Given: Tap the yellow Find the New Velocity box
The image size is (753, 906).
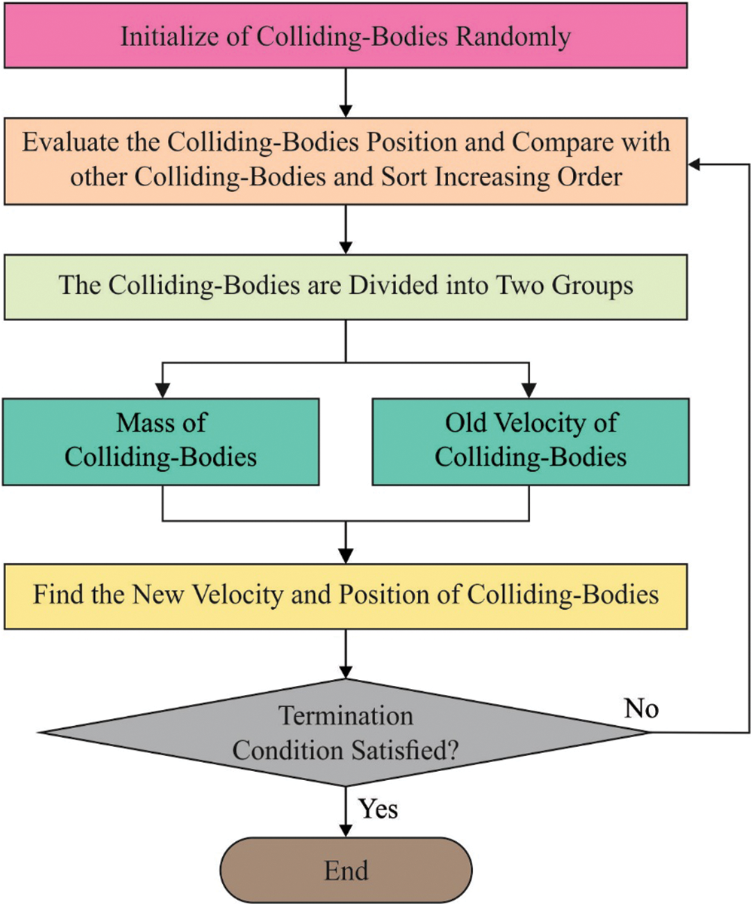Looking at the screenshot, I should coord(346,594).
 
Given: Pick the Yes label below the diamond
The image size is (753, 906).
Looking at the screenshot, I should coord(376,809).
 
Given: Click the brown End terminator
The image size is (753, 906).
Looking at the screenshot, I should coord(346,871).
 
